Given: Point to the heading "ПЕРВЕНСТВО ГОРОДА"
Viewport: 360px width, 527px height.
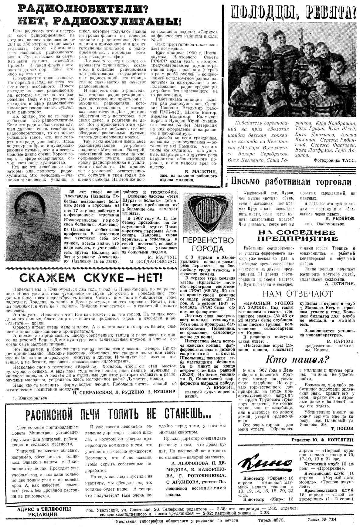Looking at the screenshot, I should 208,245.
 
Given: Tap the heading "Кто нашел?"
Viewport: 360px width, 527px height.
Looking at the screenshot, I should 297,359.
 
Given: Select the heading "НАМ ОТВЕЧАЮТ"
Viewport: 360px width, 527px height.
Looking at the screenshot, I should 297,294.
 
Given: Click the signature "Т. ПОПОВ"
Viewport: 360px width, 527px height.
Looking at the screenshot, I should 344,428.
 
